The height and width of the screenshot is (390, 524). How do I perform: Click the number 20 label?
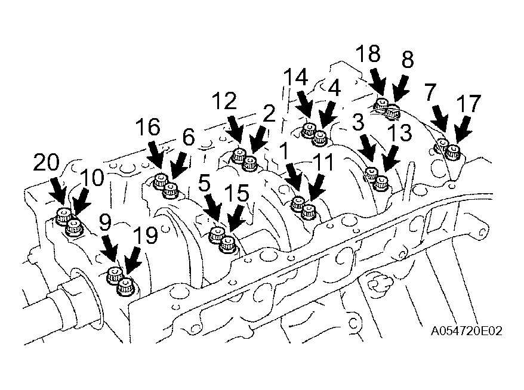tap(46, 163)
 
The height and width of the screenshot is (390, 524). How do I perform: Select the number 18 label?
tap(368, 54)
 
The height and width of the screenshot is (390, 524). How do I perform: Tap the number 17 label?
tap(468, 103)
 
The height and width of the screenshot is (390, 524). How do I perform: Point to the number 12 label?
tap(224, 101)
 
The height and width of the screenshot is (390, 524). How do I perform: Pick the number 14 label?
tap(295, 77)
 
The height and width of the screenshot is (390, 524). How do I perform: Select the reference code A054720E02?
tap(466, 330)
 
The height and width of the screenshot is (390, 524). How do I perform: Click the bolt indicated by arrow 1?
tap(297, 203)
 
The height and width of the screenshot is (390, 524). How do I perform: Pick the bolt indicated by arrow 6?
tap(171, 191)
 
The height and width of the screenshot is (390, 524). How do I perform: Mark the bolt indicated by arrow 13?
tap(381, 183)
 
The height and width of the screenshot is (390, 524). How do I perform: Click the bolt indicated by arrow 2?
tap(249, 163)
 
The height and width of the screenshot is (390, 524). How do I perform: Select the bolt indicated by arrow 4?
tap(319, 138)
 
